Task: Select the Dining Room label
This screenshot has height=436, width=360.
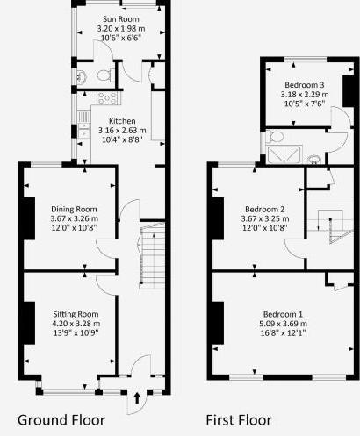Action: pos(74,209)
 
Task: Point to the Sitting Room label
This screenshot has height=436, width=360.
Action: pos(76,314)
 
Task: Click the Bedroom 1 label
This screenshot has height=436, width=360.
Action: pos(283,314)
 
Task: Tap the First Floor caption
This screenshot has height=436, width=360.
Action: pos(239,419)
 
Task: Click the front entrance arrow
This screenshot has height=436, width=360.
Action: pos(137,400)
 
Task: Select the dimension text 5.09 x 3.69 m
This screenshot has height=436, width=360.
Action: pos(283,324)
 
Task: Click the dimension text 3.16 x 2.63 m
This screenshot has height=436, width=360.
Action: pos(121,132)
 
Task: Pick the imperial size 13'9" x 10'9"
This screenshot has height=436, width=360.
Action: pos(76,333)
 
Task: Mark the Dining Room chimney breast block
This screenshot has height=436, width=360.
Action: pos(29,219)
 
